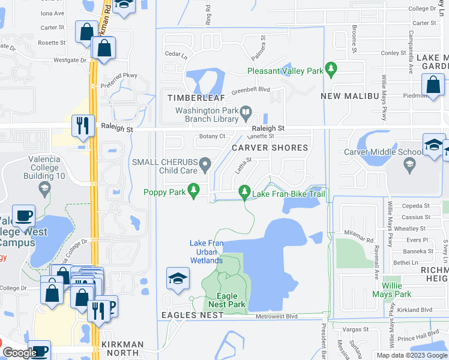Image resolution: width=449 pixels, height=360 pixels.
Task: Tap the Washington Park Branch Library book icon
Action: click(x=246, y=112)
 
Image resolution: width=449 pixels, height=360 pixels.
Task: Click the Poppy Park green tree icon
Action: click(x=193, y=191)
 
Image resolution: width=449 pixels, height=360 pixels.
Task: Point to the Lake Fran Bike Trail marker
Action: click(x=244, y=192)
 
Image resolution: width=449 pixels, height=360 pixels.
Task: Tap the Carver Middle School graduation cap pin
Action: click(x=409, y=163)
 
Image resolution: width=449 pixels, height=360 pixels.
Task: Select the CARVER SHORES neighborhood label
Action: click(x=270, y=148)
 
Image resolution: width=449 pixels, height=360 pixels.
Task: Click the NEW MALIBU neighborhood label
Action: click(x=348, y=96)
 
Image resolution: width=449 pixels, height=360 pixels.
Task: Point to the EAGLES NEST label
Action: click(x=187, y=315)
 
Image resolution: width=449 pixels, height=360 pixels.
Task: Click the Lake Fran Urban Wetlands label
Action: click(x=206, y=251)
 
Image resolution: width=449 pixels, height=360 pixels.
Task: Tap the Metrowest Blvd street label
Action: click(x=277, y=316)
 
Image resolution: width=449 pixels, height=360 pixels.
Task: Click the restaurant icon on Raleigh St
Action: click(x=82, y=126)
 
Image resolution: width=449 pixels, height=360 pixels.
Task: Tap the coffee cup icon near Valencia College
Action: click(x=24, y=215)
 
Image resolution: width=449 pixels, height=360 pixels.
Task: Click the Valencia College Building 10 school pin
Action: click(x=44, y=189)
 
